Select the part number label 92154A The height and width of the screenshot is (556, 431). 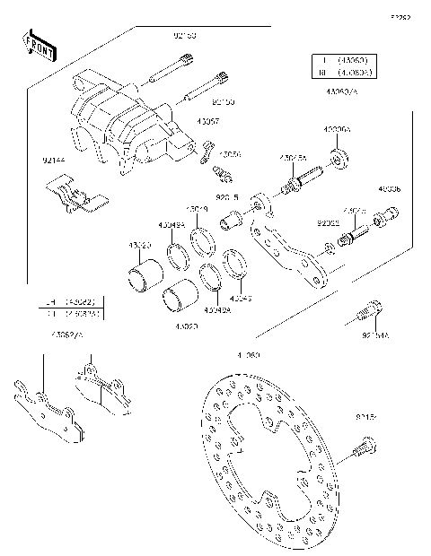coord(376,335)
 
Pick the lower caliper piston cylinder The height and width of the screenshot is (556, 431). coord(179,302)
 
